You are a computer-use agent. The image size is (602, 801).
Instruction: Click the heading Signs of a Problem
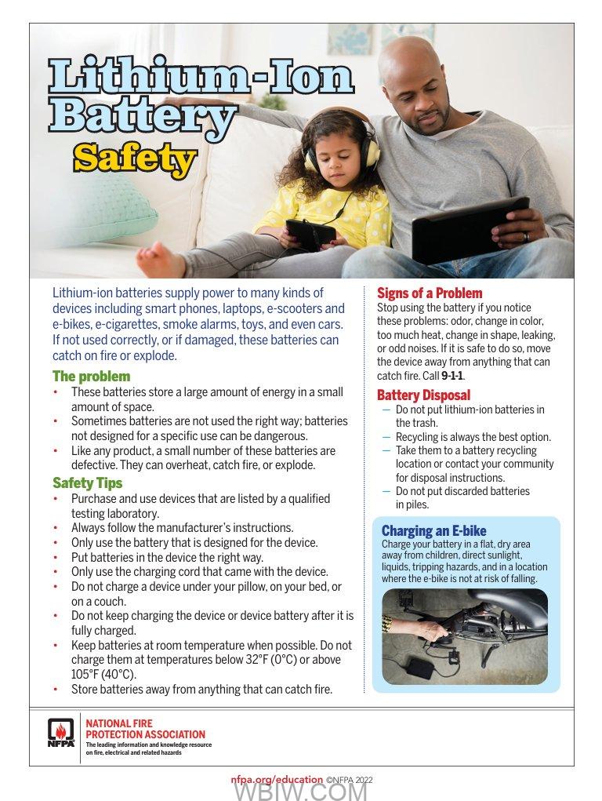click(430, 293)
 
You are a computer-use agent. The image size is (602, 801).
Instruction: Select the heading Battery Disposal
click(423, 395)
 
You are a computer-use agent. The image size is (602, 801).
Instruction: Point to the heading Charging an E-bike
click(433, 531)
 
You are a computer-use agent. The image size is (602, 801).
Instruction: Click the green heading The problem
click(91, 377)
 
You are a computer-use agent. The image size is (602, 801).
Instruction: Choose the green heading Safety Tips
click(87, 483)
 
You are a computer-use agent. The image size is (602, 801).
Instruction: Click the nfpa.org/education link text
click(277, 780)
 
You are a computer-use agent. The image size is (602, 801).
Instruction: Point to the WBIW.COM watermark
click(300, 792)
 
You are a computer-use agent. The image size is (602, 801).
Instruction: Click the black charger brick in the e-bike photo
click(419, 668)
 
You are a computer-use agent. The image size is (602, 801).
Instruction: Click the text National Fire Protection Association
click(145, 729)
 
